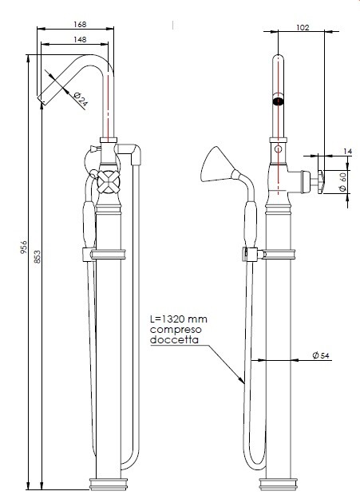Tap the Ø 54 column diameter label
[322, 354]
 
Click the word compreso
[174, 331]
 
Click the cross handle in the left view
[106, 183]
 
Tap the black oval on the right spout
[278, 101]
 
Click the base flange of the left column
[109, 483]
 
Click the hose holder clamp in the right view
[251, 255]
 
